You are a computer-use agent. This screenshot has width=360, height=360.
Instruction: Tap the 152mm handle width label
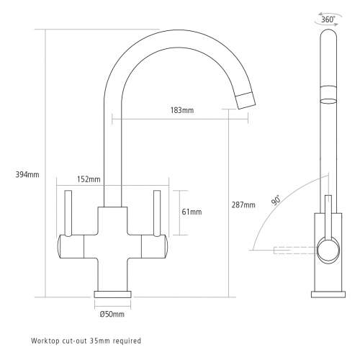pyautogui.click(x=89, y=179)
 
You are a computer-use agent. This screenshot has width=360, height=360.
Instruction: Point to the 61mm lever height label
pyautogui.click(x=192, y=212)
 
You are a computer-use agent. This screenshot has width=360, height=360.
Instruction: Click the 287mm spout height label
pyautogui.click(x=244, y=205)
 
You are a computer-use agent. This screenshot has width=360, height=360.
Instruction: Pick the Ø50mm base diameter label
pyautogui.click(x=112, y=315)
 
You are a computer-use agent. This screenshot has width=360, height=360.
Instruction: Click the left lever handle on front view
pyautogui.click(x=70, y=213)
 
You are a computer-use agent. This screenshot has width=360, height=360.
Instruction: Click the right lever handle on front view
pyautogui.click(x=156, y=213)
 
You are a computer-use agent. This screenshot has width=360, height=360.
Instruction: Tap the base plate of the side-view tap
pyautogui.click(x=327, y=293)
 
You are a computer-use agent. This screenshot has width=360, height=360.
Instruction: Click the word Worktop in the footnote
pyautogui.click(x=45, y=340)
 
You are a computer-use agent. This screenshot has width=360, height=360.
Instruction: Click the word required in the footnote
pyautogui.click(x=127, y=340)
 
